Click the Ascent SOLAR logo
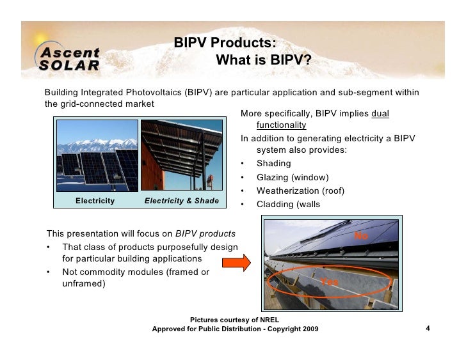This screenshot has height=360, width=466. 70,58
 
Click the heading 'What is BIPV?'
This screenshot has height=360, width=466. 263,61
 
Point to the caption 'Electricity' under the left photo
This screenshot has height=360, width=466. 95,201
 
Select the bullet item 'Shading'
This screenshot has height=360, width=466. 273,164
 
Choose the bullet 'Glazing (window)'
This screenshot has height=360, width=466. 292,177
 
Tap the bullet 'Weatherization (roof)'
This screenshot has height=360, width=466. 301,191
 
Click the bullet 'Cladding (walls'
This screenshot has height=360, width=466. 288,205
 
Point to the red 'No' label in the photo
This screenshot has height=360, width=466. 361,236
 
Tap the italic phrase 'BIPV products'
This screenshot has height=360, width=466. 205,233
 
